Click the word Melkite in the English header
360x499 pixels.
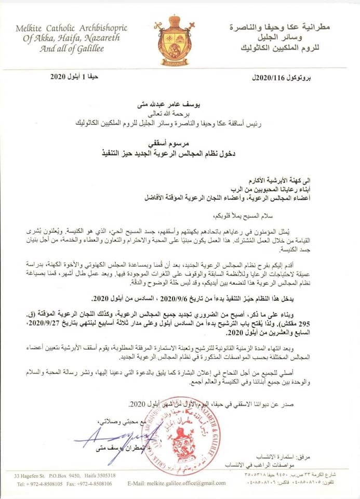(x=33, y=29)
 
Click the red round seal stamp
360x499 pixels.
(x=181, y=436)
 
